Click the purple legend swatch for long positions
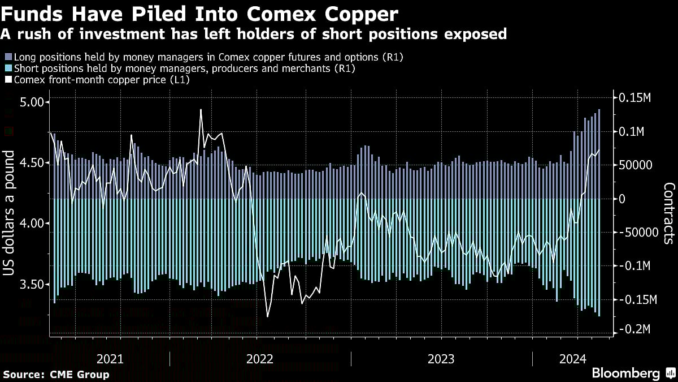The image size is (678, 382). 8,57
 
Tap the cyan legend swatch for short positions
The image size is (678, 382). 8,68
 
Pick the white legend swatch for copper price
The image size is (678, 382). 8,80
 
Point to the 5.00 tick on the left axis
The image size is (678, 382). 31,102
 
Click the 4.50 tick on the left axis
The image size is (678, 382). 31,163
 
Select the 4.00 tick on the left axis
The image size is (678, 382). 31,224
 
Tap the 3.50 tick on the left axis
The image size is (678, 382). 31,284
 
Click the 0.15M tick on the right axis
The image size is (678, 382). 635,98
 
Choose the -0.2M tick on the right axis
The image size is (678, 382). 635,329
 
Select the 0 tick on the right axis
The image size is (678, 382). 622,199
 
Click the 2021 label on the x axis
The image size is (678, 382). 110,358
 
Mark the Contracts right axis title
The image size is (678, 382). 669,213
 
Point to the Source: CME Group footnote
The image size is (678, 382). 56,374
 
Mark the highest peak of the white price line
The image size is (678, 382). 201,110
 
